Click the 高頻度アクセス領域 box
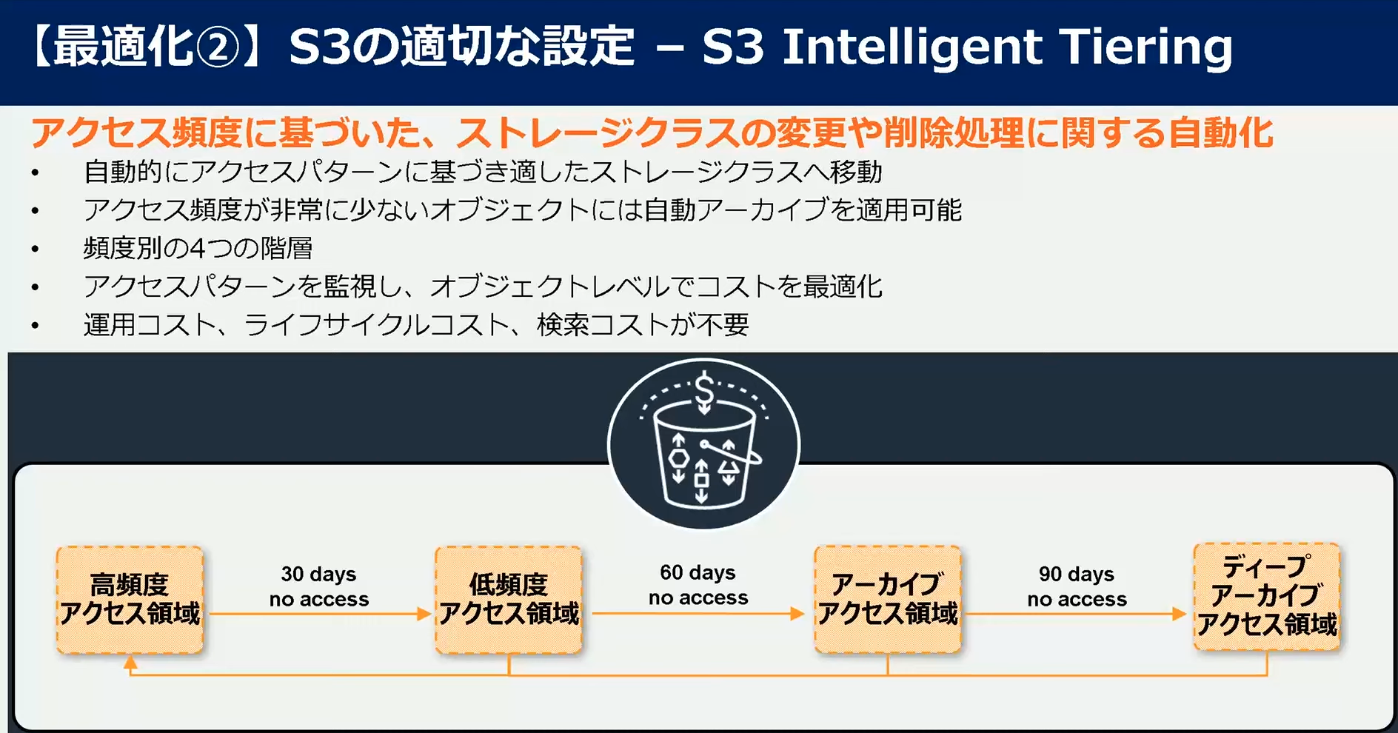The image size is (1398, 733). coord(130,600)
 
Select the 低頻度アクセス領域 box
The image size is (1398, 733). coord(509,600)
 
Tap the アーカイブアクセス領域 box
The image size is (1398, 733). coord(888,600)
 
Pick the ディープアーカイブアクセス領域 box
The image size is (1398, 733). coord(1267,597)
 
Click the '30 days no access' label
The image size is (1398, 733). coord(319,586)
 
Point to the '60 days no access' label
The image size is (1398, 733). coord(698,585)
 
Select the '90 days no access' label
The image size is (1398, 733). coord(1077,586)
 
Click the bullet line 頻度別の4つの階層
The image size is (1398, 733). coord(198,248)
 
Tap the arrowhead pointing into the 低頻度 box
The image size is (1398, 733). coord(424,614)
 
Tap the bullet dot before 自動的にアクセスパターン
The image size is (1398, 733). coord(36,173)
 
